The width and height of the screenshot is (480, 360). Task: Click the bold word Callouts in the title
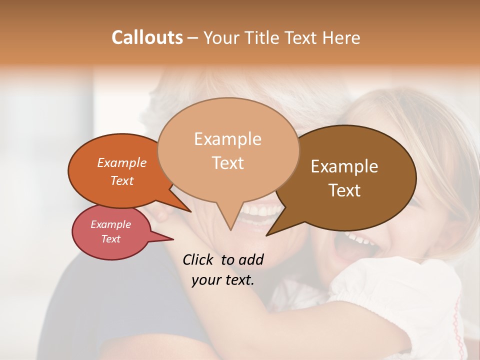pyautogui.click(x=147, y=37)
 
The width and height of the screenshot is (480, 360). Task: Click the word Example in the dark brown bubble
pyautogui.click(x=344, y=166)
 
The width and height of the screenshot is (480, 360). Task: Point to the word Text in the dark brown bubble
pyautogui.click(x=344, y=190)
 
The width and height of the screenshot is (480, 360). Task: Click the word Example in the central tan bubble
pyautogui.click(x=227, y=139)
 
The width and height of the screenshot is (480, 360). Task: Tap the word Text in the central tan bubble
pyautogui.click(x=227, y=163)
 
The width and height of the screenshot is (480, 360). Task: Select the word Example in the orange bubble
pyautogui.click(x=122, y=162)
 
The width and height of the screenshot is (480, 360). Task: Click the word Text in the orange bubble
pyautogui.click(x=122, y=180)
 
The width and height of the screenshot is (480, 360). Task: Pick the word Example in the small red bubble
pyautogui.click(x=111, y=224)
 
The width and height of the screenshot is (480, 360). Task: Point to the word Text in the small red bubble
pyautogui.click(x=111, y=239)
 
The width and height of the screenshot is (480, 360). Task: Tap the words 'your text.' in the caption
pyautogui.click(x=223, y=280)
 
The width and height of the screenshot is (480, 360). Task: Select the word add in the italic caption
pyautogui.click(x=251, y=259)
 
